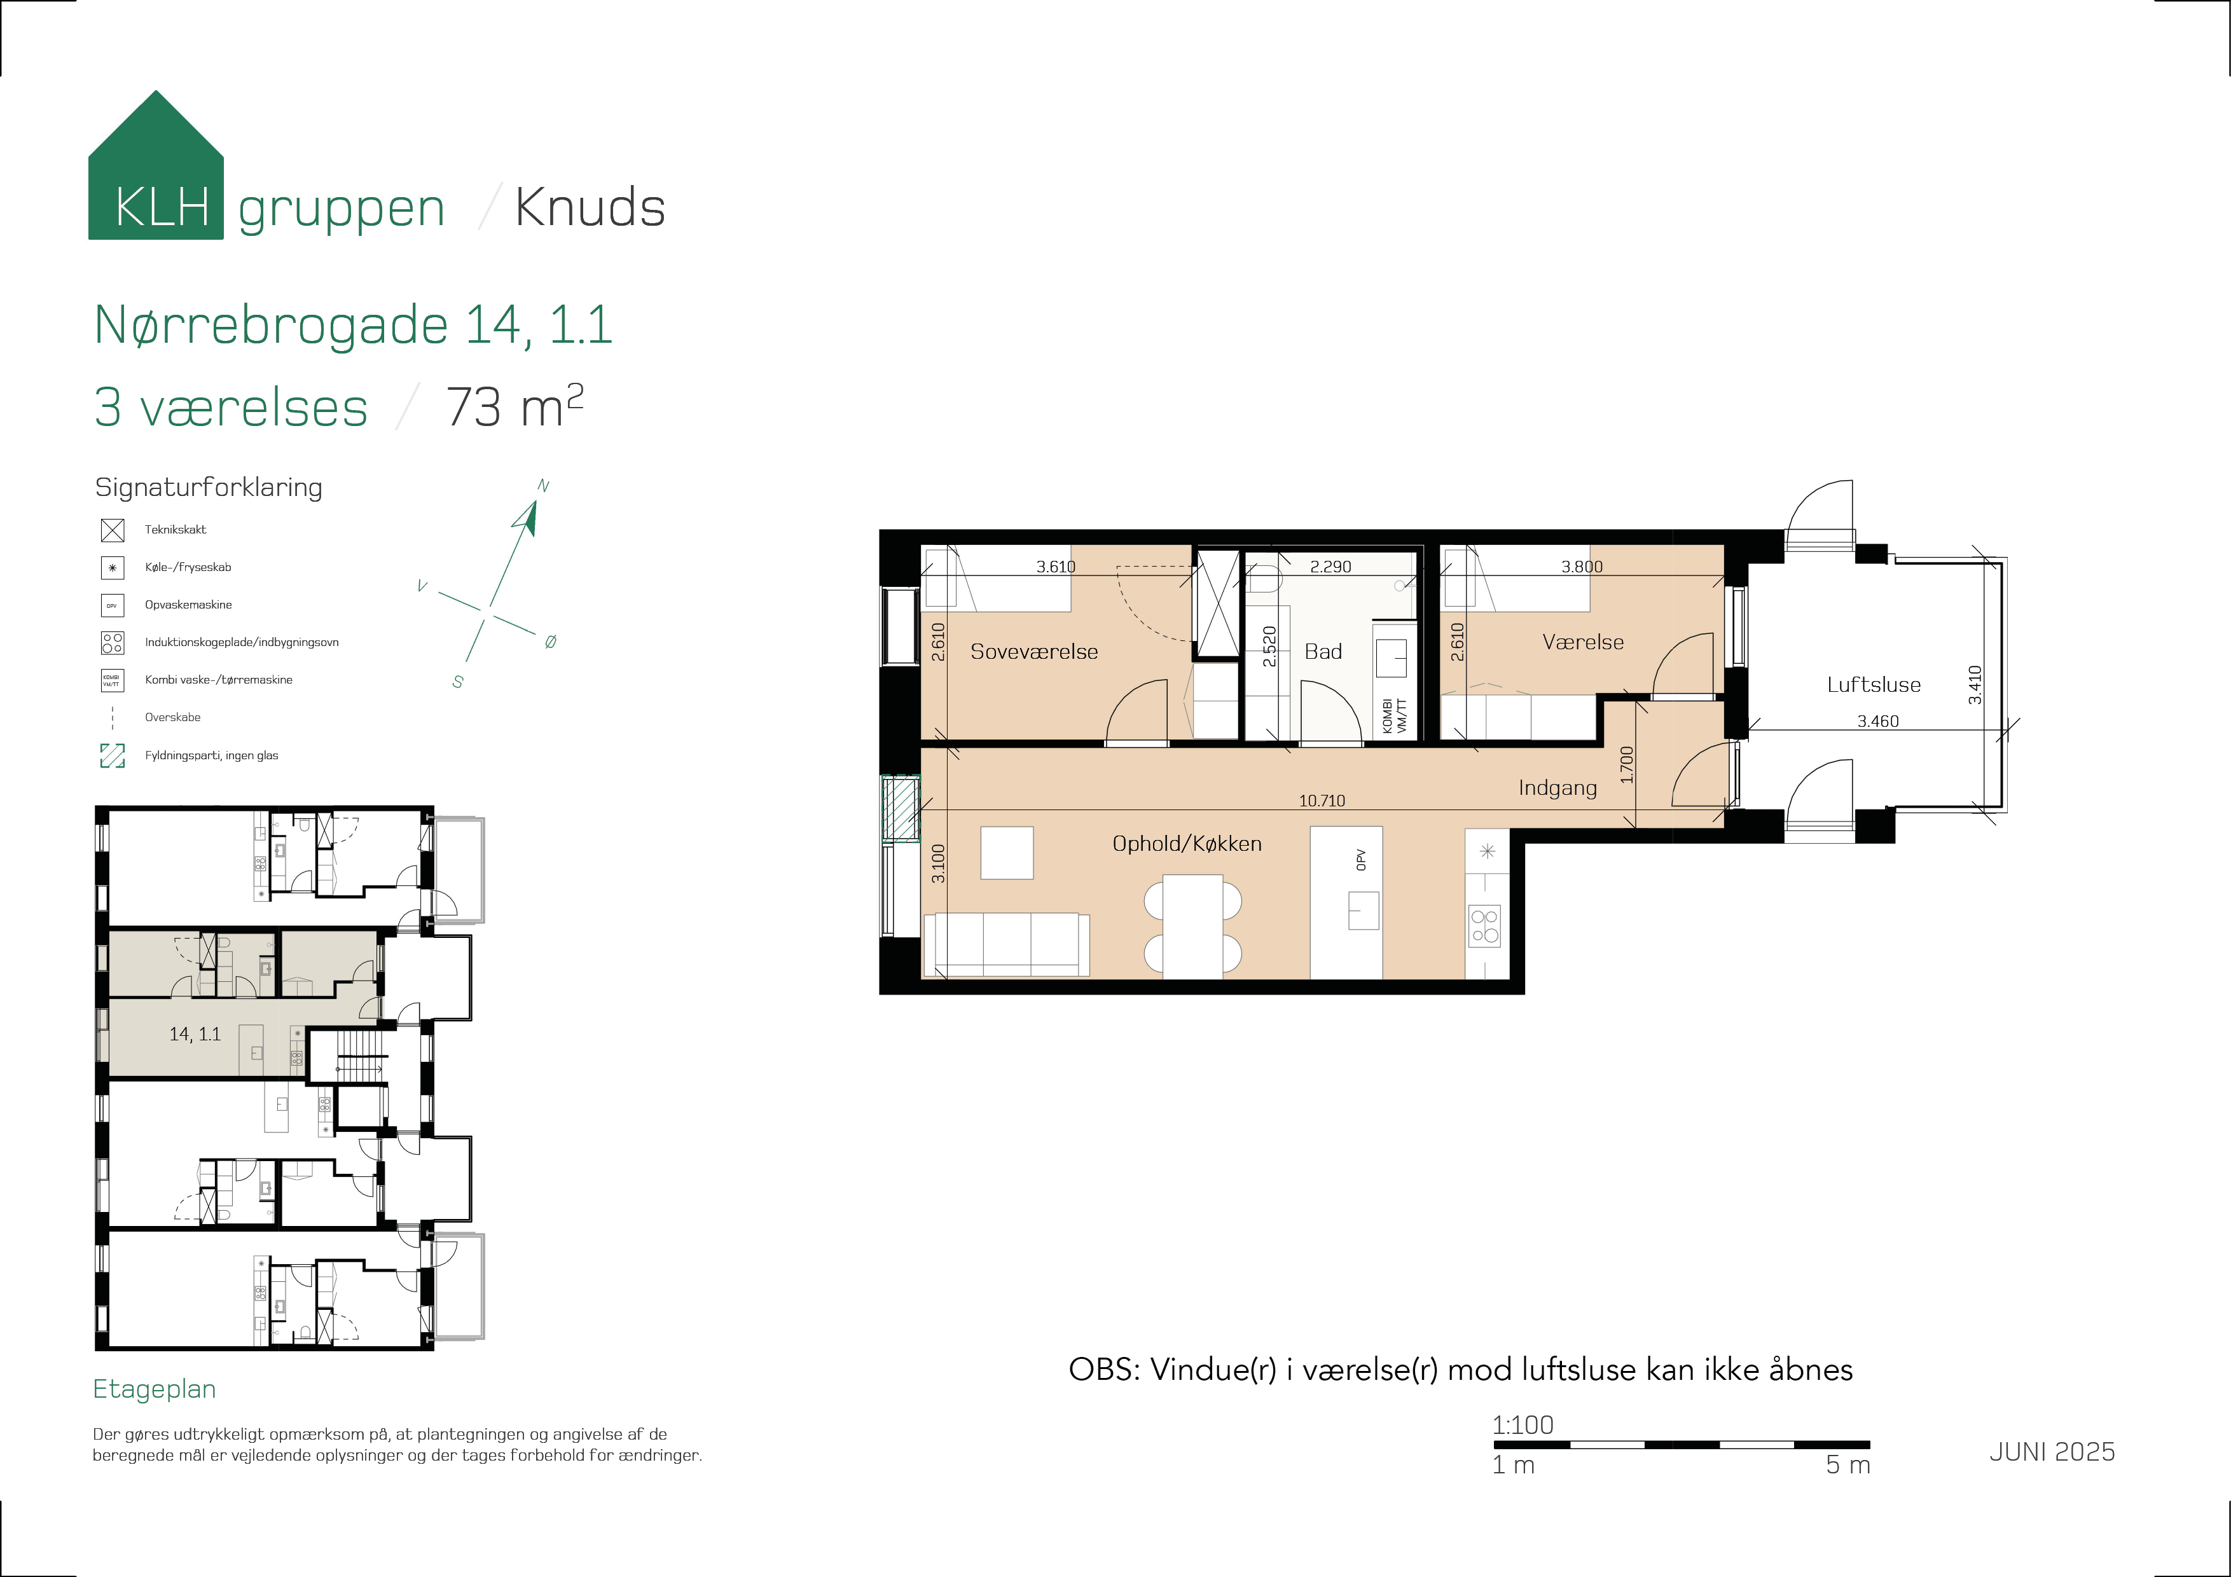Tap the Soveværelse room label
(x=1034, y=652)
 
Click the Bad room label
(x=1322, y=652)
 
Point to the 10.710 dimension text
(x=1322, y=801)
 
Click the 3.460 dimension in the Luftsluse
(x=1877, y=721)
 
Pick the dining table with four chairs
(x=1192, y=926)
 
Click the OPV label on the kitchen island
(x=1362, y=860)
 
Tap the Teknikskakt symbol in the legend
(x=113, y=530)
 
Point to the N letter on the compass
(x=543, y=486)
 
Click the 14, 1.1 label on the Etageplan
(x=195, y=1034)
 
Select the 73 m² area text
(x=514, y=406)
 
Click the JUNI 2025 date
(x=2051, y=1452)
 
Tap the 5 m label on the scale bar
(x=1847, y=1465)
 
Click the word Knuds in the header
(x=589, y=208)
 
